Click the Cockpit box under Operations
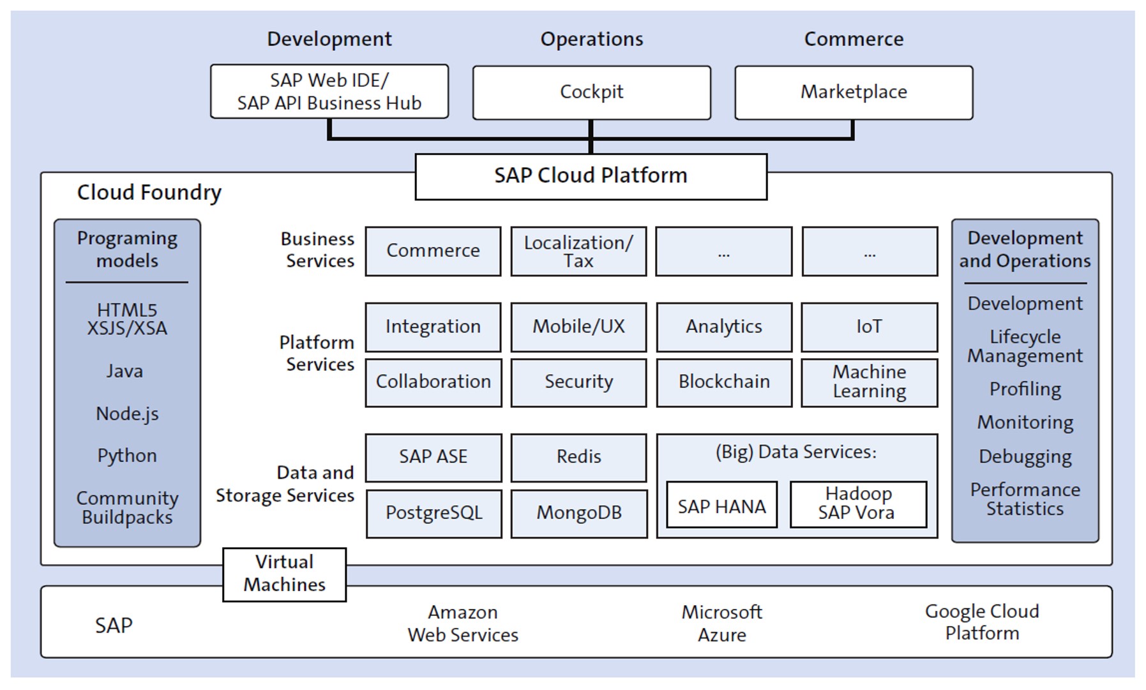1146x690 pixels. (x=591, y=93)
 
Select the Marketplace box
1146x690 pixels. (x=854, y=93)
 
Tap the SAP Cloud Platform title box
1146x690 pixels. (x=591, y=176)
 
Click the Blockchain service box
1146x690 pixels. (x=724, y=382)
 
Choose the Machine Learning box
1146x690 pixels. (x=869, y=382)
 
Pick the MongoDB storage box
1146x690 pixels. (x=578, y=513)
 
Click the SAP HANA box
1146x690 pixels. (x=721, y=506)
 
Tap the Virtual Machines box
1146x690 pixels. (x=285, y=574)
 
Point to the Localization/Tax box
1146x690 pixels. (x=578, y=251)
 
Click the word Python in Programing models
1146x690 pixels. (x=127, y=456)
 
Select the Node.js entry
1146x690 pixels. (x=127, y=414)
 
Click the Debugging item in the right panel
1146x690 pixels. (x=1025, y=457)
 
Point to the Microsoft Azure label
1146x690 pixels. (x=721, y=623)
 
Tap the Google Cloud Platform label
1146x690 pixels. (x=981, y=622)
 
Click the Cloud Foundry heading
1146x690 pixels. (x=149, y=192)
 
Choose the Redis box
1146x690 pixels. (x=578, y=458)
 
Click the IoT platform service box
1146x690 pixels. (x=869, y=327)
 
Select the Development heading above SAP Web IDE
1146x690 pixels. (x=329, y=39)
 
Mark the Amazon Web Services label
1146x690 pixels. (x=463, y=623)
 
